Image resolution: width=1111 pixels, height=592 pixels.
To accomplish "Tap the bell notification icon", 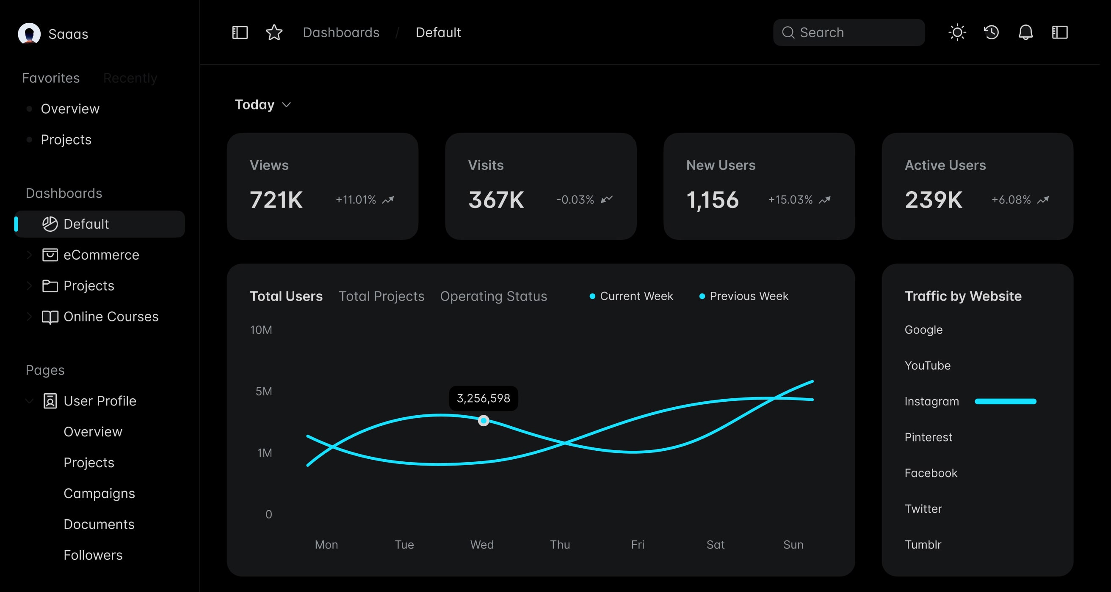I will tap(1025, 32).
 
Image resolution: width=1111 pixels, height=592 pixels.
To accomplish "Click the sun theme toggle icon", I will tap(957, 32).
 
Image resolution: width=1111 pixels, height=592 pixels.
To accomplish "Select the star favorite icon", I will tap(274, 32).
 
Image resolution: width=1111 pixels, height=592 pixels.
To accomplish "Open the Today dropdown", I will tap(263, 105).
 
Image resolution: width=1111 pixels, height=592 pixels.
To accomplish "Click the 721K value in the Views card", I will tap(276, 200).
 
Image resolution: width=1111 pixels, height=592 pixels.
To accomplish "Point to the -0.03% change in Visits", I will tap(575, 200).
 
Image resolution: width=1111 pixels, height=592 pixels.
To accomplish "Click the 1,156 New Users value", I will tap(712, 200).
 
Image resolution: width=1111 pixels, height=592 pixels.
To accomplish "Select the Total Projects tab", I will tap(381, 296).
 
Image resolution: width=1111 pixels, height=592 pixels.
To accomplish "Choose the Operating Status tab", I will tap(493, 296).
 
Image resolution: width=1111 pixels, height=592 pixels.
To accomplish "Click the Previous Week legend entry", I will tap(748, 296).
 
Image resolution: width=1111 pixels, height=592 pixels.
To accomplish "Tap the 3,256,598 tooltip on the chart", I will tap(483, 398).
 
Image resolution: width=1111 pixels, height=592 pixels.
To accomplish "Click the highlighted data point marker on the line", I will tap(484, 420).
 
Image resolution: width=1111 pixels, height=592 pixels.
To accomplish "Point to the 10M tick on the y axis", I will tap(261, 330).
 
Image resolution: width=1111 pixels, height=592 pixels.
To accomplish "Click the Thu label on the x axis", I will tap(560, 545).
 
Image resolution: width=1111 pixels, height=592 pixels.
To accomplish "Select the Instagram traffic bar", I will tap(1005, 402).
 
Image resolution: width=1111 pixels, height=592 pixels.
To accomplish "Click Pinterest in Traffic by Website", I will tap(928, 437).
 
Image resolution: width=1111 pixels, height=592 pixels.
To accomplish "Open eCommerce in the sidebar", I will tap(101, 255).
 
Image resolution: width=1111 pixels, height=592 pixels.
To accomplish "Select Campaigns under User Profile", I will tap(99, 493).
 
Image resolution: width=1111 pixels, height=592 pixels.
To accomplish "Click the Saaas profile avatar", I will tap(29, 33).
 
